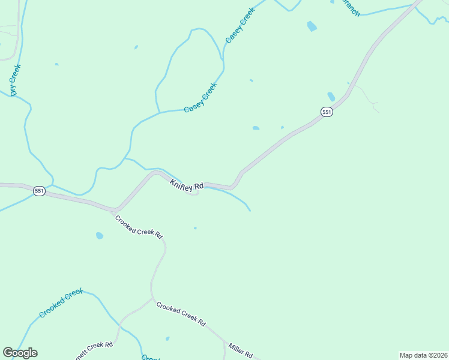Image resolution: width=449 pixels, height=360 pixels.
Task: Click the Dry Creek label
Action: point(16,80)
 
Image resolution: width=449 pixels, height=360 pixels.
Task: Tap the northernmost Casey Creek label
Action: point(240,25)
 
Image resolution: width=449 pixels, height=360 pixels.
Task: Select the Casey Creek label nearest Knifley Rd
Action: point(200,97)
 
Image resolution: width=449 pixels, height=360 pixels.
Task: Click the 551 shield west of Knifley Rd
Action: point(39,191)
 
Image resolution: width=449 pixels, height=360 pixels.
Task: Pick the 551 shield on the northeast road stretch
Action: point(326,112)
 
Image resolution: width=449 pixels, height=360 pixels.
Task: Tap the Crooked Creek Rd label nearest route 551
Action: point(139,227)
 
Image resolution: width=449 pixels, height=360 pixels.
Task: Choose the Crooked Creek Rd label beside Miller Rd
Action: point(181,313)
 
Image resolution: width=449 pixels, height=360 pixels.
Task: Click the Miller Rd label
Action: point(240,347)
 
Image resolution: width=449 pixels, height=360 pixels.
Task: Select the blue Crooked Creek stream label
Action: point(60,303)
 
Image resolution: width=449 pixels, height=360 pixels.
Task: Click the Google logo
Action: point(20,353)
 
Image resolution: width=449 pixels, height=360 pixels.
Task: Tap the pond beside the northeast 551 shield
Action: point(331,96)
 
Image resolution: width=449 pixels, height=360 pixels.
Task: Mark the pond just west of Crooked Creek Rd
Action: point(99,236)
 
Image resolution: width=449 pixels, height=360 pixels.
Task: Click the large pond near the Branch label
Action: point(312,26)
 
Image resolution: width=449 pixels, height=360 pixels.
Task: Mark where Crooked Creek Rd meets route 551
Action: point(114,210)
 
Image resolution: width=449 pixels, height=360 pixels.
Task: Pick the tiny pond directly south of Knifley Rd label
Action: point(195,228)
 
